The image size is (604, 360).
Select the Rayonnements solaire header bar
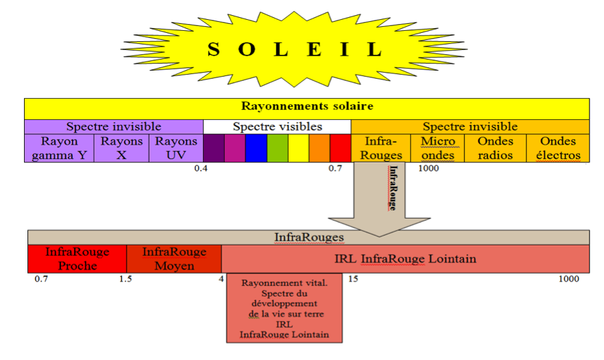pos(306,108)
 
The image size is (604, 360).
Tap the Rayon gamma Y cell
pos(59,148)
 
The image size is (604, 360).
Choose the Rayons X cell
pos(121,148)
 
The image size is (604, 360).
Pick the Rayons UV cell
pos(176,148)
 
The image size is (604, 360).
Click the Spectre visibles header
pos(277,127)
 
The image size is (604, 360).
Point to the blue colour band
pos(256,148)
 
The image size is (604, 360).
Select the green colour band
pos(277,148)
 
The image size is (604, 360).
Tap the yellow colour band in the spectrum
pos(298,148)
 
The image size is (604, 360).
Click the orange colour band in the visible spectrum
pos(319,148)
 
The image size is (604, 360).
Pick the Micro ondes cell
pos(437,148)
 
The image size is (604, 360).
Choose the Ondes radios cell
pos(495,148)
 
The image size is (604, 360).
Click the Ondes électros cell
pos(558,148)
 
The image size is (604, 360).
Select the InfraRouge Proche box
pos(77,259)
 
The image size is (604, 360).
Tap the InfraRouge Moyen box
pos(173,259)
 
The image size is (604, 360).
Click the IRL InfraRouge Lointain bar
pos(405,259)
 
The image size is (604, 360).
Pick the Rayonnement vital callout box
pos(285,308)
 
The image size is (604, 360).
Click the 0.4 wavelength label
pos(200,168)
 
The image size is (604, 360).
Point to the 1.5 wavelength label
pos(125,279)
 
